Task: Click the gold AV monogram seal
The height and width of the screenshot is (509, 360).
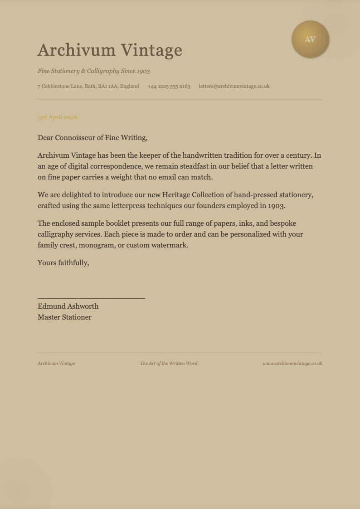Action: click(x=310, y=39)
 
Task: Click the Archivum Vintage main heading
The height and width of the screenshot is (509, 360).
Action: click(x=110, y=50)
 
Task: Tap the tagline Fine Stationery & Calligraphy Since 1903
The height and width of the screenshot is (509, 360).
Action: click(x=94, y=71)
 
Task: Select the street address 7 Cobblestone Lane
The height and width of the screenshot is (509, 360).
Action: click(x=88, y=86)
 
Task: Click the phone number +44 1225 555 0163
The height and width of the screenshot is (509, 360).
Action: click(x=169, y=86)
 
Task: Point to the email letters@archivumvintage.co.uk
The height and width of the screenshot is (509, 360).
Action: click(x=234, y=86)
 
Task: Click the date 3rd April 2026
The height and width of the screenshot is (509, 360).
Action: click(x=58, y=117)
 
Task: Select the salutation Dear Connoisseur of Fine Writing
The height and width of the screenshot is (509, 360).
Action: click(x=92, y=138)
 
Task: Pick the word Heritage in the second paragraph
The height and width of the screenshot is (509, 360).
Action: click(x=176, y=195)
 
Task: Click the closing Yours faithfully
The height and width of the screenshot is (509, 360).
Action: click(x=63, y=263)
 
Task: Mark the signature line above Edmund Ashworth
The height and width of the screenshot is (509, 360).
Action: click(x=91, y=298)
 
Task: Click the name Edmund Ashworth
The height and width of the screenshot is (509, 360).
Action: click(x=68, y=306)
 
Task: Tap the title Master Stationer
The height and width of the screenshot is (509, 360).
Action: click(x=64, y=317)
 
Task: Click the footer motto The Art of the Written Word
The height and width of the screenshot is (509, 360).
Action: click(x=169, y=364)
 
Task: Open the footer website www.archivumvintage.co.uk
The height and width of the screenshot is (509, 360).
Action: click(x=292, y=364)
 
